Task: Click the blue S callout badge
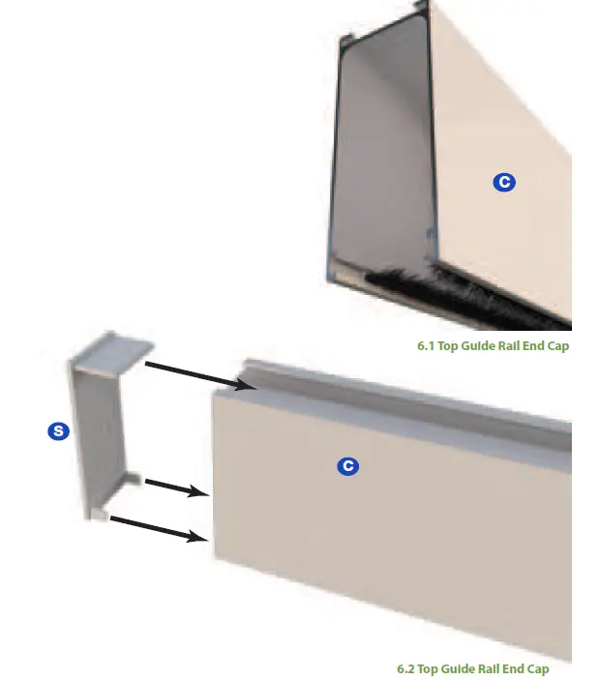[58, 431]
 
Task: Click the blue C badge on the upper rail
[502, 182]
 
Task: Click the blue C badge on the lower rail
[347, 466]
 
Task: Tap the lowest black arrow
[161, 528]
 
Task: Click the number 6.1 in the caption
[424, 346]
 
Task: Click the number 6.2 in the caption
[408, 668]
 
